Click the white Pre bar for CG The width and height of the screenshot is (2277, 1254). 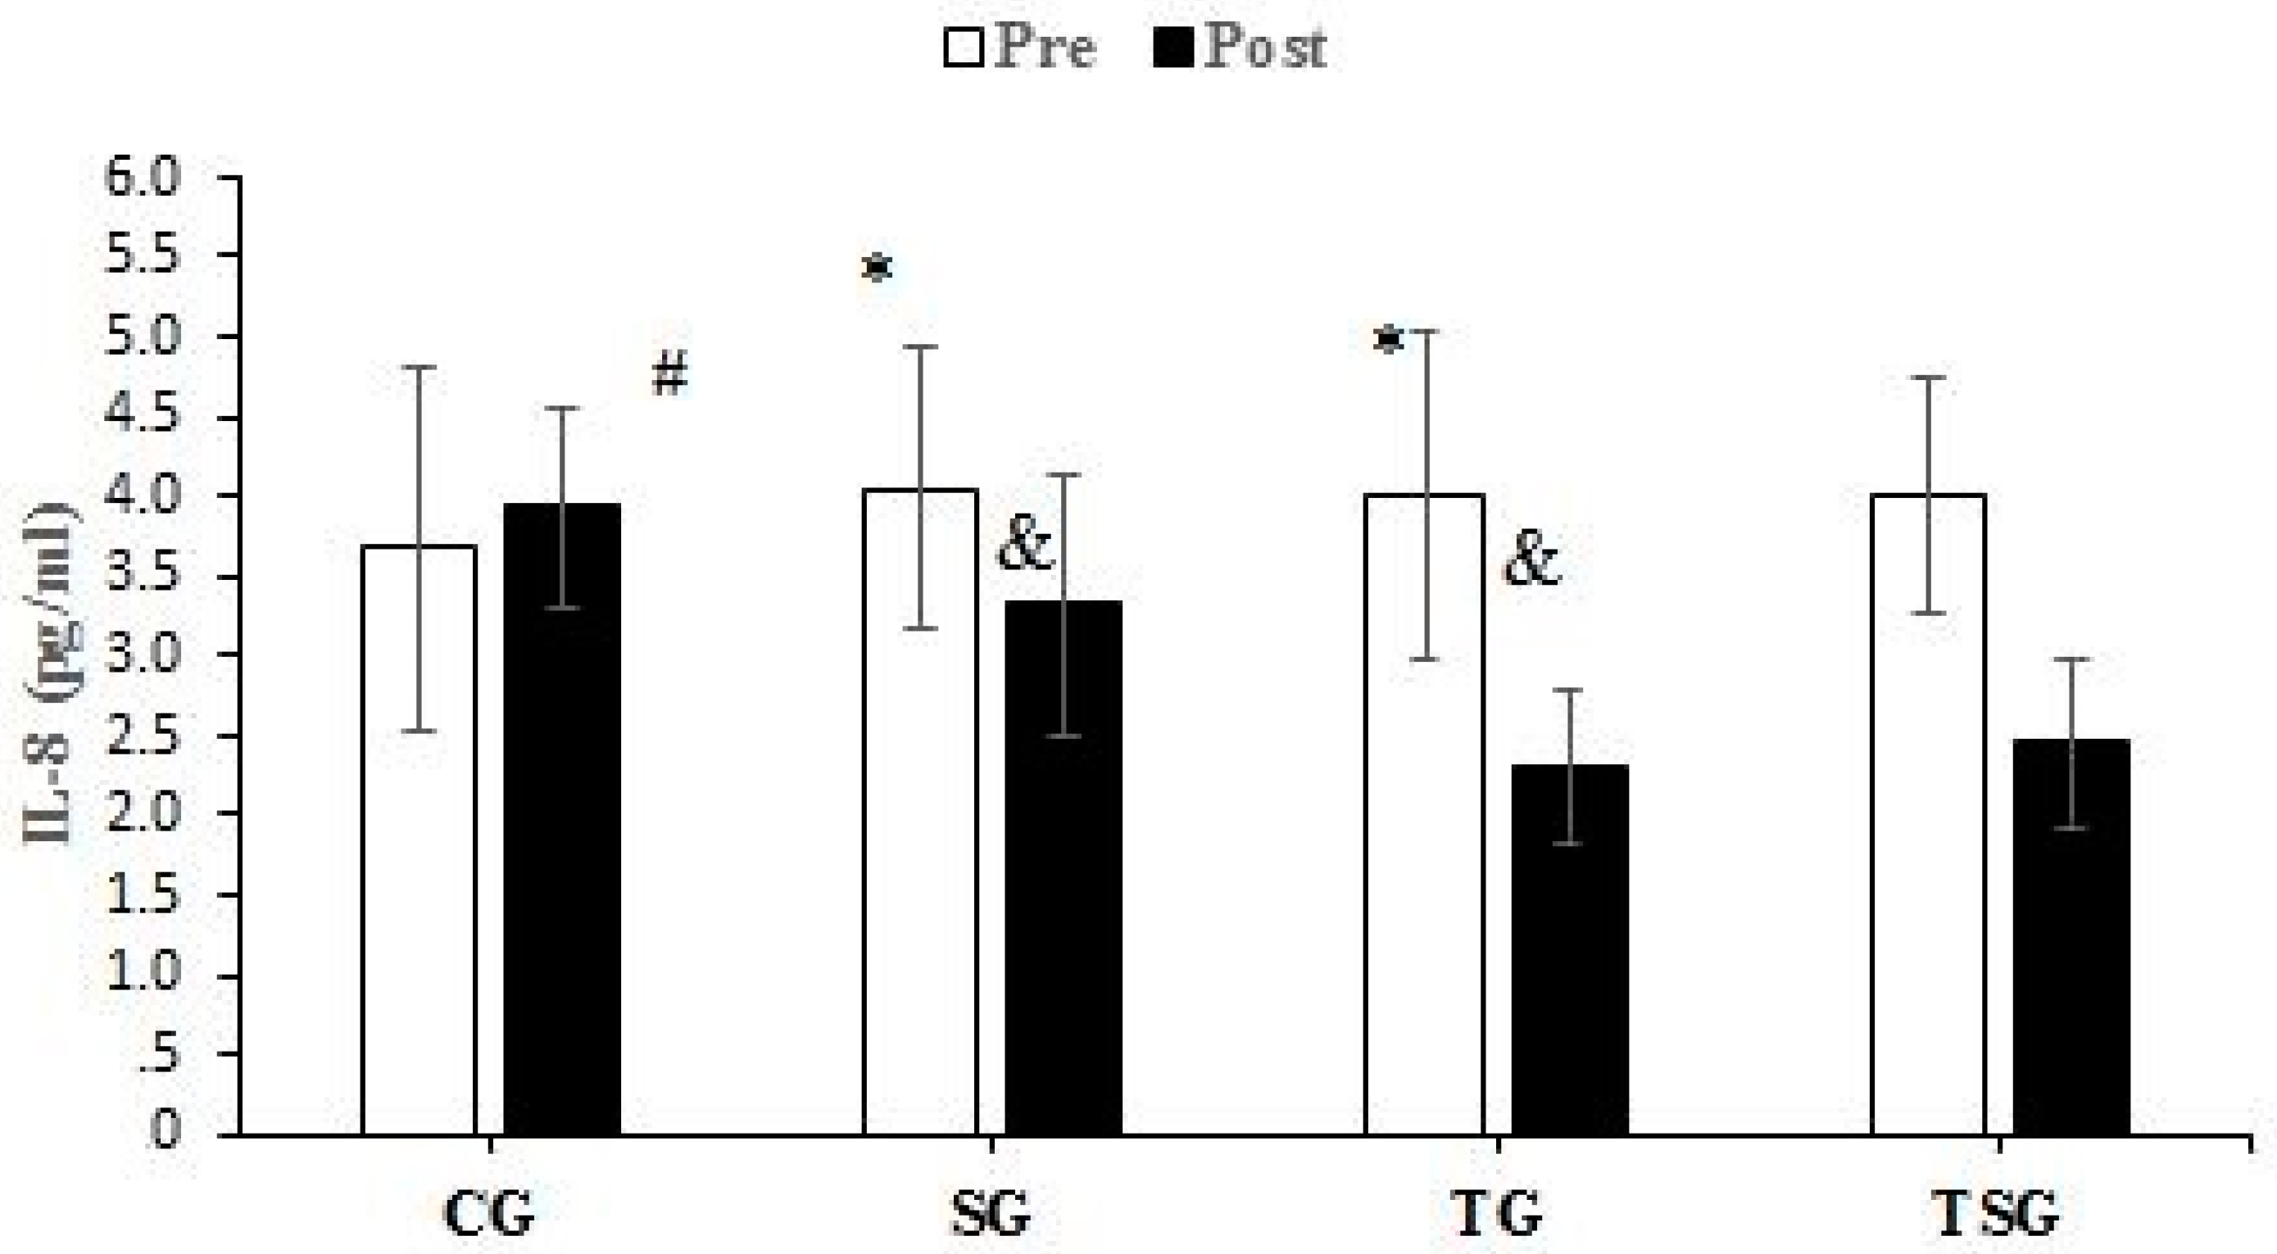420,840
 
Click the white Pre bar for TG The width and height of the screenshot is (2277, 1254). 1424,814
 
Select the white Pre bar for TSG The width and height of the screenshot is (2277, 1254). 1929,814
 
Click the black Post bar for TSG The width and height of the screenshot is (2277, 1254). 2072,936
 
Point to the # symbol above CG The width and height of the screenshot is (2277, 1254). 669,376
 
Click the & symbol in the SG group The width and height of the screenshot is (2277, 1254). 1025,547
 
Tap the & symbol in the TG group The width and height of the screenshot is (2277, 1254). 1532,563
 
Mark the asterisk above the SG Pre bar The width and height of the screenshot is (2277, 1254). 878,267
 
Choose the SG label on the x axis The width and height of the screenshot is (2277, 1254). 990,1216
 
